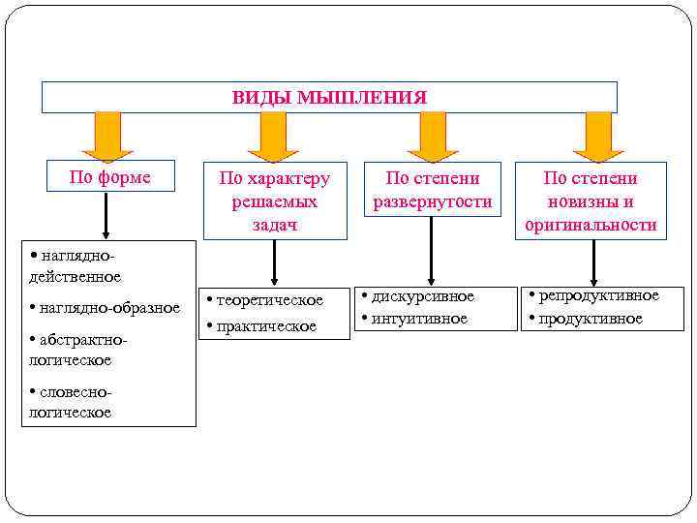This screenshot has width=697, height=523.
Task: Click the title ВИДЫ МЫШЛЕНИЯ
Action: [329, 98]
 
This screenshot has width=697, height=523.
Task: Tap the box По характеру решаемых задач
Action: [274, 200]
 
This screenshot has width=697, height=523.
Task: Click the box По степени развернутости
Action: [432, 190]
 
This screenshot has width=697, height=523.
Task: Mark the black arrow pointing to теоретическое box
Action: [275, 262]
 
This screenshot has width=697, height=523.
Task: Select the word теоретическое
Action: [269, 300]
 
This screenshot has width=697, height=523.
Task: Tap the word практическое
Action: [265, 326]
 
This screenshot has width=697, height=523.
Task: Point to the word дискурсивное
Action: [423, 296]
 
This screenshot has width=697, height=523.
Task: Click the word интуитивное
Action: [418, 318]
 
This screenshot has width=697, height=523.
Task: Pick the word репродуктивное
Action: [598, 295]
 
